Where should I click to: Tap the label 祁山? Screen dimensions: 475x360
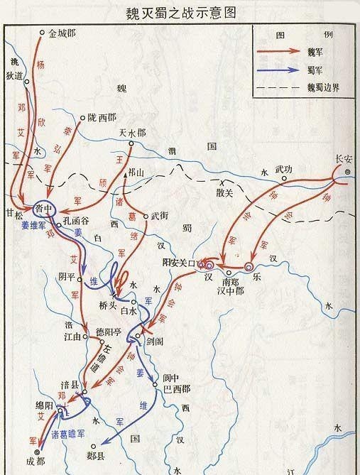tap(136, 173)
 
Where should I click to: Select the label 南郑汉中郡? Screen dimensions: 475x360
tap(235, 282)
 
